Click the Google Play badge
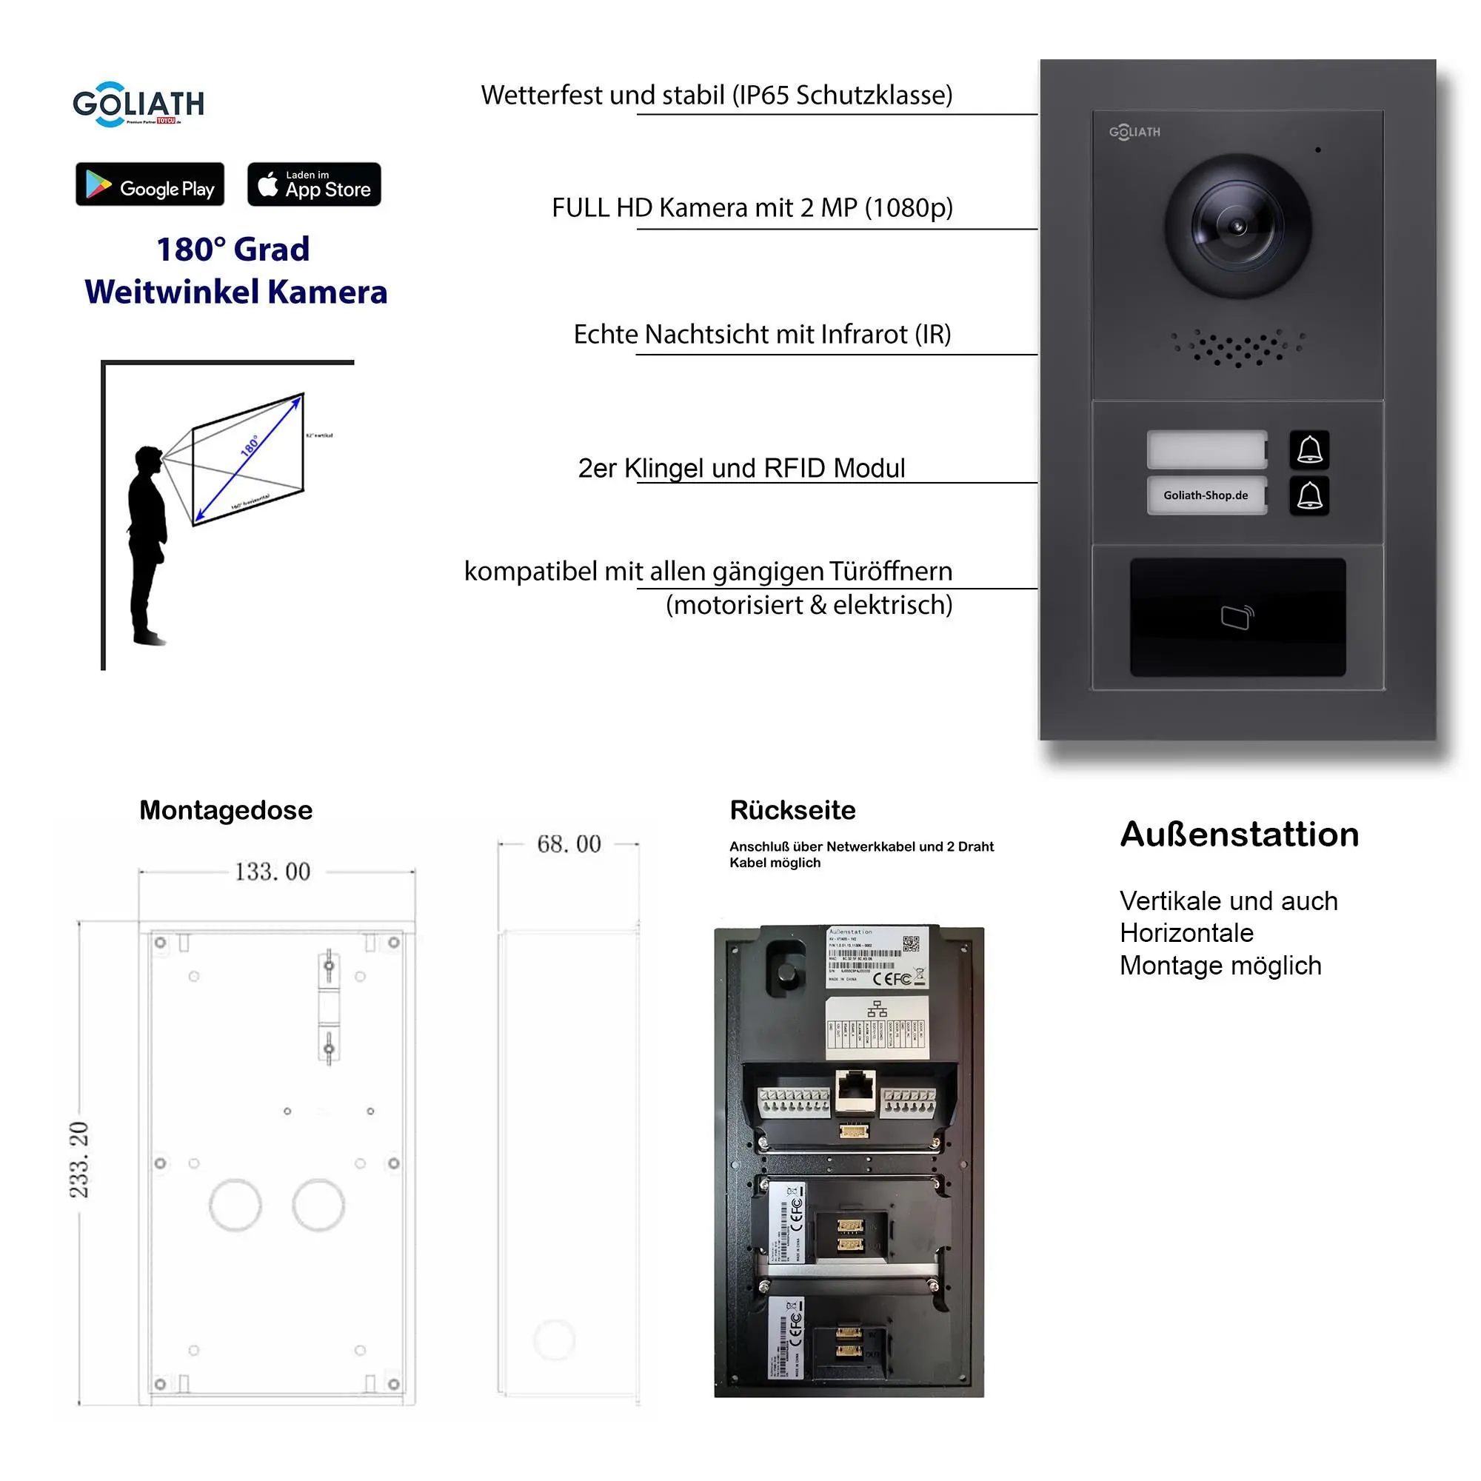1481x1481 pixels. [x=150, y=184]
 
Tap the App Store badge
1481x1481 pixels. [x=313, y=184]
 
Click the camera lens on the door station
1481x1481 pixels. [x=1237, y=226]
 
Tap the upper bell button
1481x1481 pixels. [x=1308, y=450]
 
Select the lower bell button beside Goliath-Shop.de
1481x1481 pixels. [x=1308, y=496]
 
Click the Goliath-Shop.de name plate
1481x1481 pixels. [x=1206, y=495]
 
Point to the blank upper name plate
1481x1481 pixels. [x=1206, y=449]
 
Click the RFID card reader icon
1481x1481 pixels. [x=1237, y=617]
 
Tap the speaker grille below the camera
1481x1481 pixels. [x=1237, y=349]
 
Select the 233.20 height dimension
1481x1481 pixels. [x=80, y=1159]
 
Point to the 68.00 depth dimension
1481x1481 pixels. [x=568, y=844]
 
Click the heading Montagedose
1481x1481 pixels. [x=225, y=810]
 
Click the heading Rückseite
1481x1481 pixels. [x=792, y=810]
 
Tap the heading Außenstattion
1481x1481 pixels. [x=1239, y=834]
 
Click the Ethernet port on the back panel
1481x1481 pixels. [x=855, y=1089]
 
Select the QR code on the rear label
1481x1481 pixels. [x=910, y=943]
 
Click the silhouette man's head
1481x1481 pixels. [x=148, y=460]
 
